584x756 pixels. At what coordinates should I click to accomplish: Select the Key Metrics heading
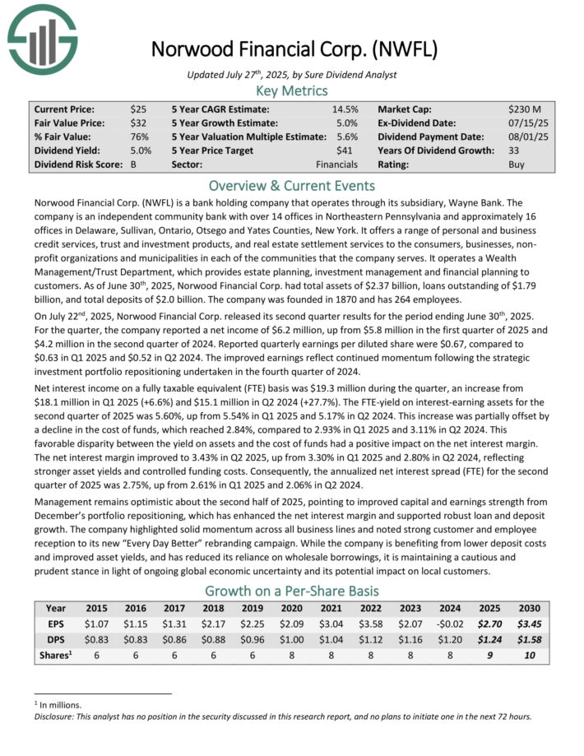click(291, 90)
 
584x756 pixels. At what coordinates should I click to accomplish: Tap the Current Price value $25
click(137, 109)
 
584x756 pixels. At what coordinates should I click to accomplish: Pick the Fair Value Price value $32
click(137, 123)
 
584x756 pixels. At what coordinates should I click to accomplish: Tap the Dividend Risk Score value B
click(133, 165)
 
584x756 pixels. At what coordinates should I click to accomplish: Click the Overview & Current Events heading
click(291, 185)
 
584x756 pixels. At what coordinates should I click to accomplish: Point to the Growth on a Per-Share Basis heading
click(291, 591)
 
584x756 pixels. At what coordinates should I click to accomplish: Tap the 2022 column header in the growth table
click(370, 609)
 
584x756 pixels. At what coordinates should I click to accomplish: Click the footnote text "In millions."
click(70, 704)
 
